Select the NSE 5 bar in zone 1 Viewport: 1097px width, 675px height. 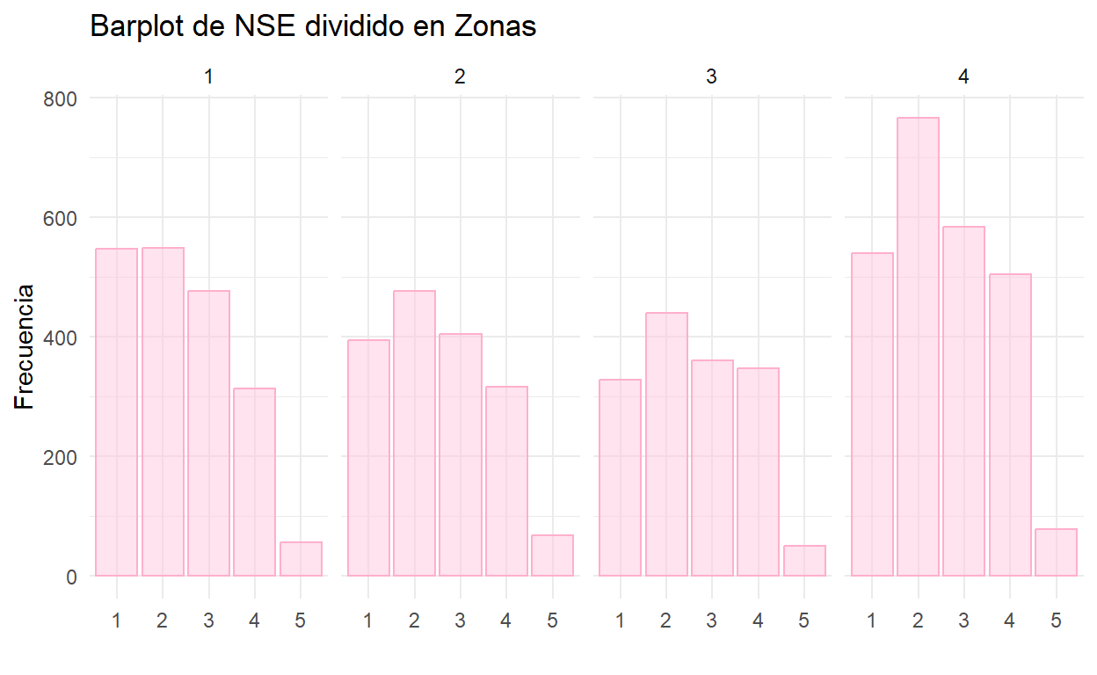[x=301, y=559]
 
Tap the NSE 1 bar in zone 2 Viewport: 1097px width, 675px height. [x=368, y=458]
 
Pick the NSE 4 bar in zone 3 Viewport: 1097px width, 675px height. [x=758, y=472]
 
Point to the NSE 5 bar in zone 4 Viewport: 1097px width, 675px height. [x=1056, y=553]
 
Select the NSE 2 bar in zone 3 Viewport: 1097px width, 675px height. [x=666, y=445]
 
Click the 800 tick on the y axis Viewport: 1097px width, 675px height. [x=61, y=98]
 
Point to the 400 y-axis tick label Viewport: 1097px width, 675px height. [x=61, y=337]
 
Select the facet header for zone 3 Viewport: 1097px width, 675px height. [x=711, y=76]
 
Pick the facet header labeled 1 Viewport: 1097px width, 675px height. [x=208, y=76]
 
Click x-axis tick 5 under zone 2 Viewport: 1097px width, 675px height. [x=552, y=621]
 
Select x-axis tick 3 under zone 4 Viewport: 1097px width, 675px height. [x=963, y=621]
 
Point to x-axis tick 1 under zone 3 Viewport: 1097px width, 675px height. [x=620, y=621]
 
